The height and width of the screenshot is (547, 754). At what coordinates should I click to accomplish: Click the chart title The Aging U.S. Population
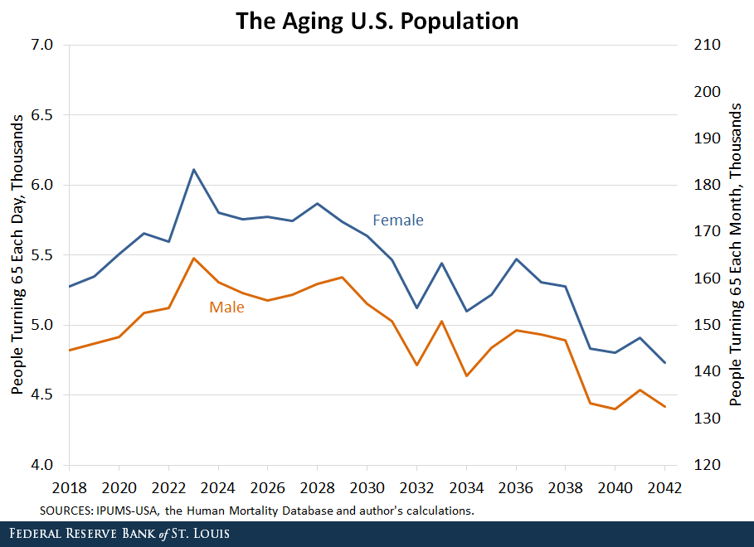[x=377, y=20]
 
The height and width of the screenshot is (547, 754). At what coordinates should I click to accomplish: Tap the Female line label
[x=397, y=220]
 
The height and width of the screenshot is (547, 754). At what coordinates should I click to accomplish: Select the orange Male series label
[x=226, y=307]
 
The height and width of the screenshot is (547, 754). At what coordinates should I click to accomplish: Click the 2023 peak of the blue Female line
[x=193, y=170]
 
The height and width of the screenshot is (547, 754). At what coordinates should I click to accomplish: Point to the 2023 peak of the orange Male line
[x=193, y=258]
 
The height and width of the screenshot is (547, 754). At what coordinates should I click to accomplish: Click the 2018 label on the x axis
[x=69, y=487]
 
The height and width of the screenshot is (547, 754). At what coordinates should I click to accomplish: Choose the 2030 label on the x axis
[x=367, y=487]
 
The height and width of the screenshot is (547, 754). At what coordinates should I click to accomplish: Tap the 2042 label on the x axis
[x=664, y=487]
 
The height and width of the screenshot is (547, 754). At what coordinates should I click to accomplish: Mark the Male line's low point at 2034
[x=466, y=376]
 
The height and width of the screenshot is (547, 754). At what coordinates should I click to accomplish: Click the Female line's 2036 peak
[x=516, y=259]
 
